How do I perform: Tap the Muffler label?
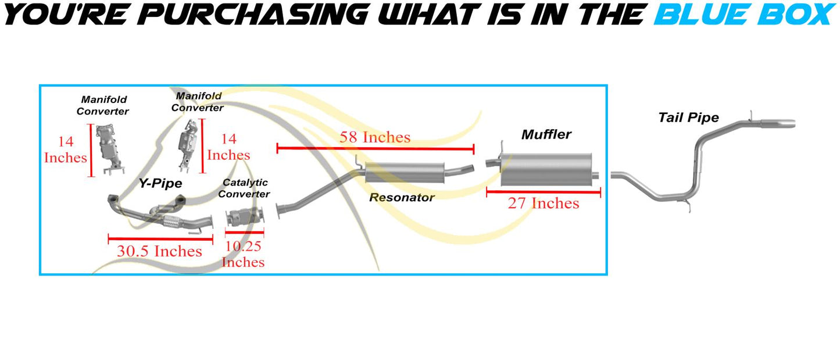coord(546,134)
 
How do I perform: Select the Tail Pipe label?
coord(688,117)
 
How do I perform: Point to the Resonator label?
coord(402,197)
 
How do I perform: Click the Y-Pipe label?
coord(160,183)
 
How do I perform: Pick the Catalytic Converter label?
coord(244,188)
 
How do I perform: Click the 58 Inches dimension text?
coord(375,137)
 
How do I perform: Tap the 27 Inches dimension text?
coord(544,203)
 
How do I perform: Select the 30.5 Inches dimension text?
coord(159,251)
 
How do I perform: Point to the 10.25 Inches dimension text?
coord(243,254)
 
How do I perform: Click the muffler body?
coord(546,169)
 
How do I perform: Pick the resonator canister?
coord(405,173)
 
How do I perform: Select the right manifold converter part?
coord(188,145)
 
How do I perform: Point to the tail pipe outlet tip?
coord(778,123)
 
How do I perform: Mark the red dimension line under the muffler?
coord(544,193)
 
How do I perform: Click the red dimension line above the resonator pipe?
coord(376,148)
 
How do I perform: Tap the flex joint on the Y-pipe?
coord(171,222)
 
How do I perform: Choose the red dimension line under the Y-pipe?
coord(160,238)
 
